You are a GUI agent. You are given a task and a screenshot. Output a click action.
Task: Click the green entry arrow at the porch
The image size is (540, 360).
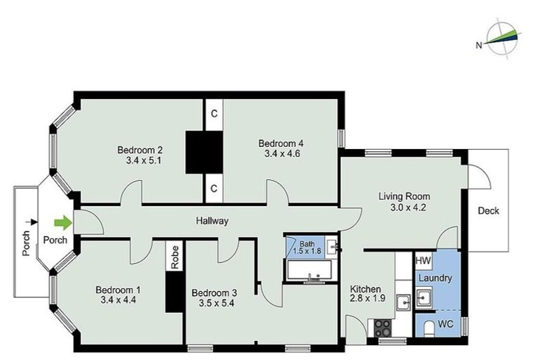(x=63, y=224)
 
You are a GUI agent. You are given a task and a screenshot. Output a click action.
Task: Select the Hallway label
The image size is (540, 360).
(x=212, y=221)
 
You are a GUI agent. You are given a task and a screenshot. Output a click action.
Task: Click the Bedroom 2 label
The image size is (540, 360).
(x=140, y=150)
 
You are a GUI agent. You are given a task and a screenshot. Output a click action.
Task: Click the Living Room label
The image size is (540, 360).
(x=404, y=196)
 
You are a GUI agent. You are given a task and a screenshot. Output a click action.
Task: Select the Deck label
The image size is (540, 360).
(x=488, y=210)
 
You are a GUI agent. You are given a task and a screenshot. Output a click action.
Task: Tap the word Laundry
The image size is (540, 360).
(x=435, y=278)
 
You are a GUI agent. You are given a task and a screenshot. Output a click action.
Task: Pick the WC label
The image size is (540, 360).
(x=445, y=324)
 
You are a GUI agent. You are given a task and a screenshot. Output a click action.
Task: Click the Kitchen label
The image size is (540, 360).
(x=366, y=289)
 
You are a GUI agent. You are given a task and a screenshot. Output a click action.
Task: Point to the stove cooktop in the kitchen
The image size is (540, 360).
(x=383, y=326)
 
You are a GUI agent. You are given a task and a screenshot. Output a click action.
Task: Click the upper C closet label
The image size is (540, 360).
(x=214, y=112)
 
